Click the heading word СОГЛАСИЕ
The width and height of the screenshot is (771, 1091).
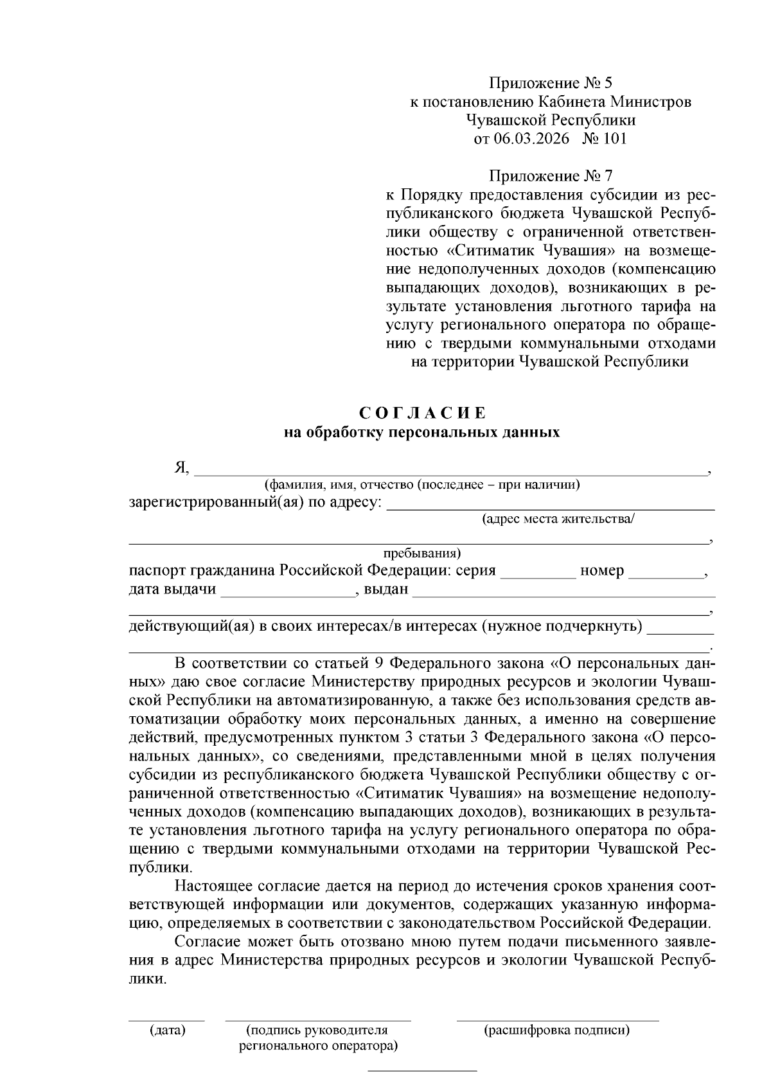422,412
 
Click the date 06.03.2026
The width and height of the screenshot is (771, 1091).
532,138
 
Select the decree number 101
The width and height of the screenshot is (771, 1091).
614,138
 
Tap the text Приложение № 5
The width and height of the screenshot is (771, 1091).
551,83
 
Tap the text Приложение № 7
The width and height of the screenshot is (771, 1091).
551,176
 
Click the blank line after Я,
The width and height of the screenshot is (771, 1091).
450,473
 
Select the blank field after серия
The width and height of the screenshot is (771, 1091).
538,576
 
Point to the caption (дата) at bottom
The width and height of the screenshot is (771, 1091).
167,1031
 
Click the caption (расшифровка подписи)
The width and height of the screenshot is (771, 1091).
556,1031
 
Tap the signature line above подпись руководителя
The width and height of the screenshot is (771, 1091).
317,1020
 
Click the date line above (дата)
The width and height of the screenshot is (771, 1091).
166,1020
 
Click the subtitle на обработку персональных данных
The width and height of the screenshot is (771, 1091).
422,433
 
